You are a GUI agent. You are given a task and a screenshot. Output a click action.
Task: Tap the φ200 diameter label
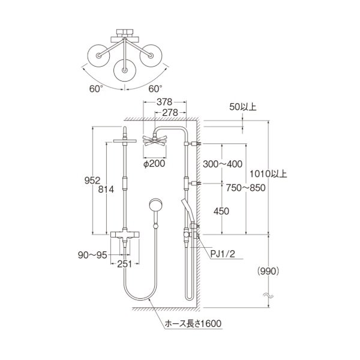point(154,162)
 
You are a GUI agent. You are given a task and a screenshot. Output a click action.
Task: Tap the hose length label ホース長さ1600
point(193,325)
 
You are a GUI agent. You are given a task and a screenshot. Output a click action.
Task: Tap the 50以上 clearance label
point(243,107)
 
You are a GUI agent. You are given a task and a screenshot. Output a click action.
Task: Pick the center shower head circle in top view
point(124,70)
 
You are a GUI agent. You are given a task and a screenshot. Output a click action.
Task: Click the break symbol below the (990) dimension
point(268,296)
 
